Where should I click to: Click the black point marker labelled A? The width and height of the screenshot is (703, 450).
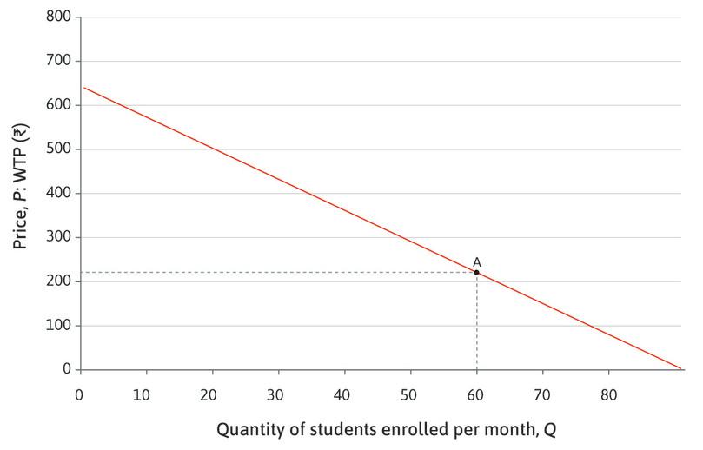tap(476, 273)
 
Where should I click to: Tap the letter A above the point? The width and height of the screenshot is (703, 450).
tap(476, 261)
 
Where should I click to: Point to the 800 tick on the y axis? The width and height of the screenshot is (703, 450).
tap(59, 17)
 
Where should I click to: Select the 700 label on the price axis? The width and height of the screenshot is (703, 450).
tap(59, 62)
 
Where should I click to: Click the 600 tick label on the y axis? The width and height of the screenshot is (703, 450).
tap(59, 105)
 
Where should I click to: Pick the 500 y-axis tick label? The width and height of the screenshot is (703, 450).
tap(59, 149)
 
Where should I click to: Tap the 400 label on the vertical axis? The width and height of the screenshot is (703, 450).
tap(59, 194)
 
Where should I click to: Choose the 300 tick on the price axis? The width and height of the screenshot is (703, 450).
tap(59, 238)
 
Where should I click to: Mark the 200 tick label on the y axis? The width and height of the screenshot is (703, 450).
tap(59, 281)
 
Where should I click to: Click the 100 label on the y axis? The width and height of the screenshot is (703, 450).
tap(59, 326)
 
